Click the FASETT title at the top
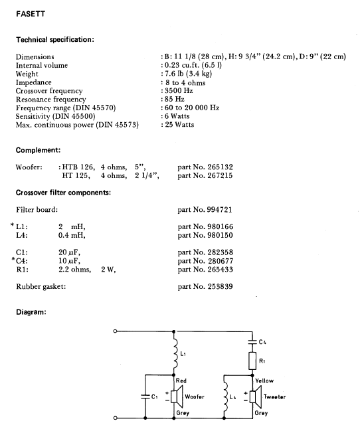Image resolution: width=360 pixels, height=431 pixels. tap(31, 14)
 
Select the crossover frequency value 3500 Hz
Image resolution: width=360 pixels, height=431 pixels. tap(179, 91)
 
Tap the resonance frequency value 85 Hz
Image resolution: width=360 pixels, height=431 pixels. tap(175, 99)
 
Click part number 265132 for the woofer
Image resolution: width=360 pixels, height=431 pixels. tap(220, 167)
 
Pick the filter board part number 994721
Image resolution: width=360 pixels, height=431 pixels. tap(219, 210)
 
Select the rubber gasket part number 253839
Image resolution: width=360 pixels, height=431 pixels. tap(220, 286)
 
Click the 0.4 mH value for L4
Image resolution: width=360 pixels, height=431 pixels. tap(72, 235)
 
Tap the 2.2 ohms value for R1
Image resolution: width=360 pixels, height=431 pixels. tap(74, 270)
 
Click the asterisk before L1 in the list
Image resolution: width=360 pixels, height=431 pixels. tap(12, 225)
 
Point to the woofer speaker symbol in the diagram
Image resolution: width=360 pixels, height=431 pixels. tap(177, 396)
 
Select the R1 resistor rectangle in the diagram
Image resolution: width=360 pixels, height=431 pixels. tap(252, 361)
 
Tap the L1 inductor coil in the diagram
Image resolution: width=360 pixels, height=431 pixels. tap(175, 353)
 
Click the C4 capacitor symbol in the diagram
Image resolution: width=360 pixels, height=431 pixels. tap(252, 342)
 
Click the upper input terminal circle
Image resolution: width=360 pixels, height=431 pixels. tap(115, 331)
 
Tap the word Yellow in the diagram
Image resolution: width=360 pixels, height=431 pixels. tap(264, 381)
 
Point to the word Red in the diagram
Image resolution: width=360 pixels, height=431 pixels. tap(181, 381)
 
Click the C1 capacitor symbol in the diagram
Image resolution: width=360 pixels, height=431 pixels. tap(145, 396)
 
